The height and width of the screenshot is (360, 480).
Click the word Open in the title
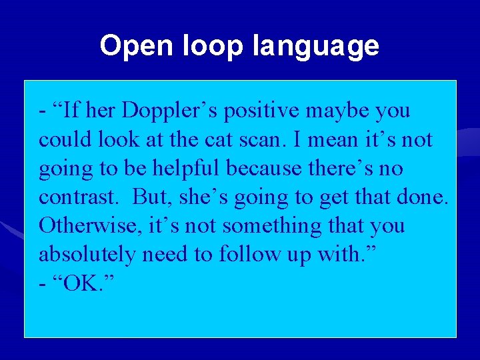(x=127, y=46)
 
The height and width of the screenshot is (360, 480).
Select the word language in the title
(x=316, y=46)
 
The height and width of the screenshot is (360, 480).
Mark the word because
(x=263, y=169)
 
